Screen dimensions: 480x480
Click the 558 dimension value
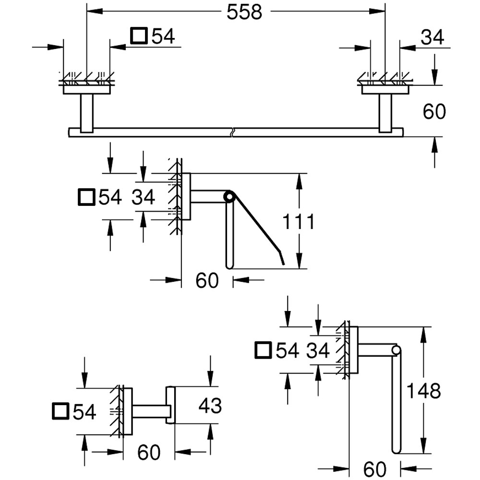click(244, 12)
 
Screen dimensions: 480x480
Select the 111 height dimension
click(298, 222)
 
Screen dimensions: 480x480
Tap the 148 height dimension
click(423, 391)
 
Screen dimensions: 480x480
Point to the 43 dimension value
click(210, 406)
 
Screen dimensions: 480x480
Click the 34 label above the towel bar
click(432, 37)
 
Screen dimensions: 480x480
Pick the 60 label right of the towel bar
click(434, 111)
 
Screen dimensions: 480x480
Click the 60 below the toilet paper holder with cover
click(207, 280)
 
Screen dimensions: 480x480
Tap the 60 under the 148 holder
click(375, 469)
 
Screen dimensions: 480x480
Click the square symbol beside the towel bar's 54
click(139, 36)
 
